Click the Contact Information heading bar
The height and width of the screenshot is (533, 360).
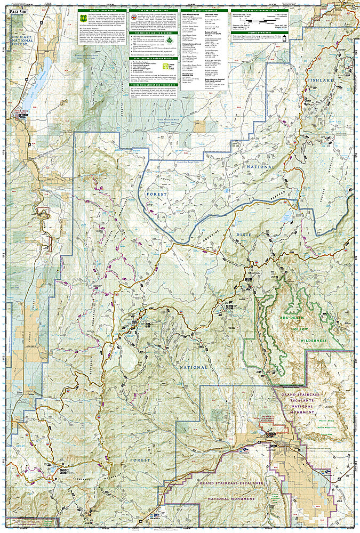[x=205, y=10]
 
